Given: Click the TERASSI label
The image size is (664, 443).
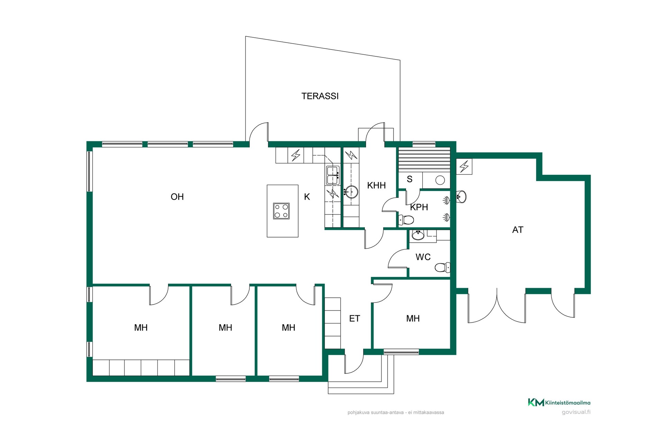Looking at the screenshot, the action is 320,96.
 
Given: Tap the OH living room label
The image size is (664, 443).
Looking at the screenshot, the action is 177,197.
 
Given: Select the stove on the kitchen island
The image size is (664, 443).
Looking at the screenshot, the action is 281,211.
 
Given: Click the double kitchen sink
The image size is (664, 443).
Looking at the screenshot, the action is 333,175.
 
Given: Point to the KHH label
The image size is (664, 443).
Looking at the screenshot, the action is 376,186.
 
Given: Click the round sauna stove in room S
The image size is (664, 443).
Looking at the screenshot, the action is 440,180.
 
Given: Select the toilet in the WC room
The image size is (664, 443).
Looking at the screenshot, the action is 443,267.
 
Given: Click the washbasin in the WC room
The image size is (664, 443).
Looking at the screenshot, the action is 418,235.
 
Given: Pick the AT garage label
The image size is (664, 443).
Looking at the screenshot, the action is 517,230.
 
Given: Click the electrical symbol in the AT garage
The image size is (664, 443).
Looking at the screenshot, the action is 464,166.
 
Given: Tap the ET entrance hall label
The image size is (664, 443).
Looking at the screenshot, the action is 354,319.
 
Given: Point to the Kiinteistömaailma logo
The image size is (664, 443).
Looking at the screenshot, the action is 559,403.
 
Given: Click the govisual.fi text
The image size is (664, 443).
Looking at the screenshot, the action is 576,412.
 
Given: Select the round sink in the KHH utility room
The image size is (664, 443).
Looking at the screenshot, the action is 351,192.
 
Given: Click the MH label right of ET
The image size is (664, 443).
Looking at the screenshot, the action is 413,319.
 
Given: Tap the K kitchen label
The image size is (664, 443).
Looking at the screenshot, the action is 307,197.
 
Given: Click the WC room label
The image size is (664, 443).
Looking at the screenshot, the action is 423,257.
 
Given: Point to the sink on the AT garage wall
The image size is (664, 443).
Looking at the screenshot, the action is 461,197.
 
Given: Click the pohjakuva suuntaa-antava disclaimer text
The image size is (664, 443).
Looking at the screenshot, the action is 396,413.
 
